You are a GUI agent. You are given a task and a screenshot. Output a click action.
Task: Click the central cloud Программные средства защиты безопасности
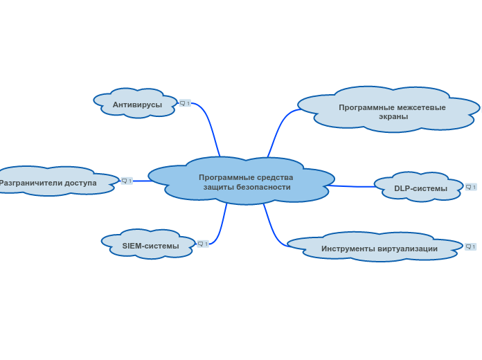point(241,181)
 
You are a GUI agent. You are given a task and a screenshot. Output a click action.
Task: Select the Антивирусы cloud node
point(136,103)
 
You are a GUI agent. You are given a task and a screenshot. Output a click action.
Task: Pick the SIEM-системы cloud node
point(149,244)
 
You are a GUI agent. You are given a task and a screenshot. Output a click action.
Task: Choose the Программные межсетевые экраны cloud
point(389,109)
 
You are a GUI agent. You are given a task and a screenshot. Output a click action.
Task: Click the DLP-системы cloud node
point(419,187)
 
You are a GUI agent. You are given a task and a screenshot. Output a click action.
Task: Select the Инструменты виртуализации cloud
point(375,247)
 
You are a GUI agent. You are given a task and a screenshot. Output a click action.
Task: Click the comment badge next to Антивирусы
point(185,103)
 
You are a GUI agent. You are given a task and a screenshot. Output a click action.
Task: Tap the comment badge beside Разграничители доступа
point(127,181)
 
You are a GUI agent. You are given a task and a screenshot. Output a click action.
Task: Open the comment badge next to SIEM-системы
point(203,244)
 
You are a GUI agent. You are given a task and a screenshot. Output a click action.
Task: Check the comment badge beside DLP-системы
point(471,187)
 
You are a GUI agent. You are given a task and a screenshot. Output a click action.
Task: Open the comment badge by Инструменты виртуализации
point(471,246)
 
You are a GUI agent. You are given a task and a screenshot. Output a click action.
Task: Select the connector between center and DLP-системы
point(351,186)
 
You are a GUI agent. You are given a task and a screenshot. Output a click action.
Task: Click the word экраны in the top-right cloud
point(393,117)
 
